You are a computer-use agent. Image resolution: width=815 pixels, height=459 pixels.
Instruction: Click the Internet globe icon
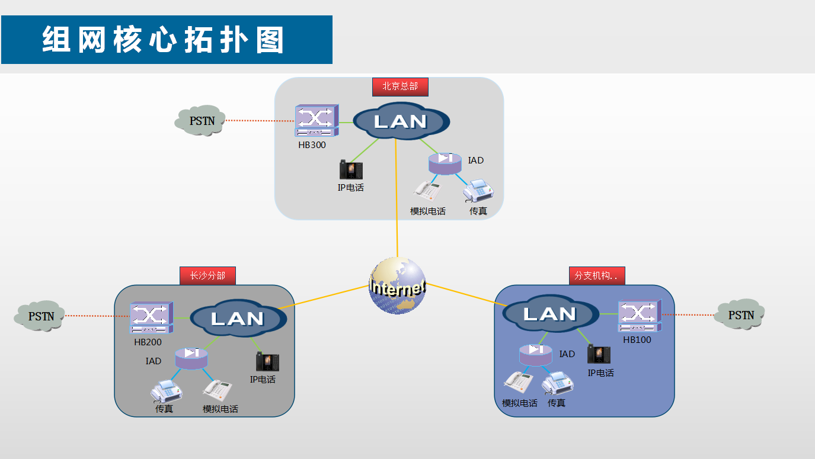(x=397, y=286)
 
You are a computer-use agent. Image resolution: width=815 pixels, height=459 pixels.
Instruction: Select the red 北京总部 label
(x=400, y=86)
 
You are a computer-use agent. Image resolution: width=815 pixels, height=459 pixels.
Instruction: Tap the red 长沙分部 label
(x=207, y=275)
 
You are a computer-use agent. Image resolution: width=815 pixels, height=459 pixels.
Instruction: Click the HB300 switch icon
(x=317, y=121)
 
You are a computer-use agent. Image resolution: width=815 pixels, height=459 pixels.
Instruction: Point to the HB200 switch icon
(x=152, y=318)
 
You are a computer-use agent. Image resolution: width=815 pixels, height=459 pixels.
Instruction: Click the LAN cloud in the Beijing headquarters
(x=401, y=121)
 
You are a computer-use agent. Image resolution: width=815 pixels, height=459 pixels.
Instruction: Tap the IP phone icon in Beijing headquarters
(x=351, y=170)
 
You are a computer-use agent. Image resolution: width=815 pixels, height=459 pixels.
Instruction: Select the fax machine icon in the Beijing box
(x=478, y=191)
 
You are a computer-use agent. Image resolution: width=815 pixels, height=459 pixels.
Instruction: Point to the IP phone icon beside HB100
(x=599, y=355)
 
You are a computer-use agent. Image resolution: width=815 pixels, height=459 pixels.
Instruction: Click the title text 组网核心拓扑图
(x=164, y=40)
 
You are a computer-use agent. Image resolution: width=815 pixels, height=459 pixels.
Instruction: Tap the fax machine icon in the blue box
(x=558, y=383)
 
